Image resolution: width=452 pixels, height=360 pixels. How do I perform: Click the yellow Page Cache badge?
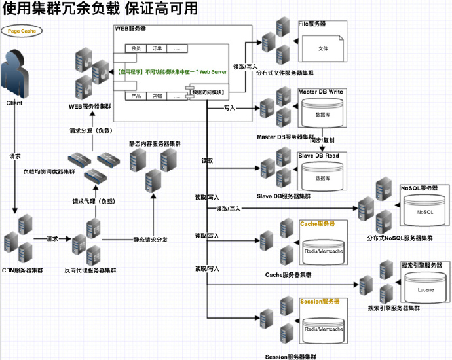coord(21,31)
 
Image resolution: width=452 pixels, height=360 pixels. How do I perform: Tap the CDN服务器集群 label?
coord(23,270)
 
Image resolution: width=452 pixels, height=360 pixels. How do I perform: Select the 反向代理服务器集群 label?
coord(90,270)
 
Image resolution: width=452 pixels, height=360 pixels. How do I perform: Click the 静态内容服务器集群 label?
coord(155,143)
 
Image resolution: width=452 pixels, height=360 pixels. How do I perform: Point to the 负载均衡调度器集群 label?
coord(48,172)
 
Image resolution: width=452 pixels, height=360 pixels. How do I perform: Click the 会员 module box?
coord(136,48)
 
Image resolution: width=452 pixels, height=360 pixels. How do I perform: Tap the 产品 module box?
coord(136,96)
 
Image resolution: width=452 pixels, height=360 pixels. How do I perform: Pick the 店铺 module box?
coord(157,96)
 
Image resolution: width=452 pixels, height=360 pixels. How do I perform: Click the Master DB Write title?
coord(320,92)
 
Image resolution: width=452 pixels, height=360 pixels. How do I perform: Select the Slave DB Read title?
coord(318,156)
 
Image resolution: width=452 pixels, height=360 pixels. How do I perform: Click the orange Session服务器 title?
coord(320,302)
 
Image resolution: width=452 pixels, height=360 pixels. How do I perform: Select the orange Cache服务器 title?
coord(318,224)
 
